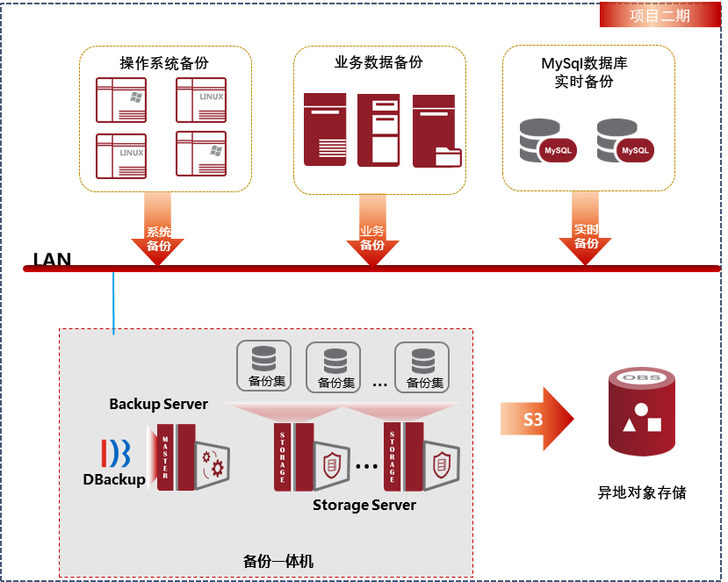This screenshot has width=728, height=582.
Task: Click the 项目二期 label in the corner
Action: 660,16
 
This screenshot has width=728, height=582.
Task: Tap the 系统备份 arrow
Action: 158,231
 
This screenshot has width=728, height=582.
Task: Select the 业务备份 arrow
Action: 372,230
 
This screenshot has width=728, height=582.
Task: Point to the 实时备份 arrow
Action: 586,230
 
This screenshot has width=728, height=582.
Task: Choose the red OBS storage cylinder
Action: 641,413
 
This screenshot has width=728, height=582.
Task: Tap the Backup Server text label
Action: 159,405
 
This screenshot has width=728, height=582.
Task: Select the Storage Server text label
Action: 364,506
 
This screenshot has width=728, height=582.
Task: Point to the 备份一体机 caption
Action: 278,560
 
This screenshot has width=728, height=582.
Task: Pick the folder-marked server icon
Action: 436,131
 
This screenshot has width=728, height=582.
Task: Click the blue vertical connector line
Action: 114,303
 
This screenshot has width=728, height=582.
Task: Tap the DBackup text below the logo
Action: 114,479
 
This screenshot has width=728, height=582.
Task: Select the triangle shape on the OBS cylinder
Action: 629,426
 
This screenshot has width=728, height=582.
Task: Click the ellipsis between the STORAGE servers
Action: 365,464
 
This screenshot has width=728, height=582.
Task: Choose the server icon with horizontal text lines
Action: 326,129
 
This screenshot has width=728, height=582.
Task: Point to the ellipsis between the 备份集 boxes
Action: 379,384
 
